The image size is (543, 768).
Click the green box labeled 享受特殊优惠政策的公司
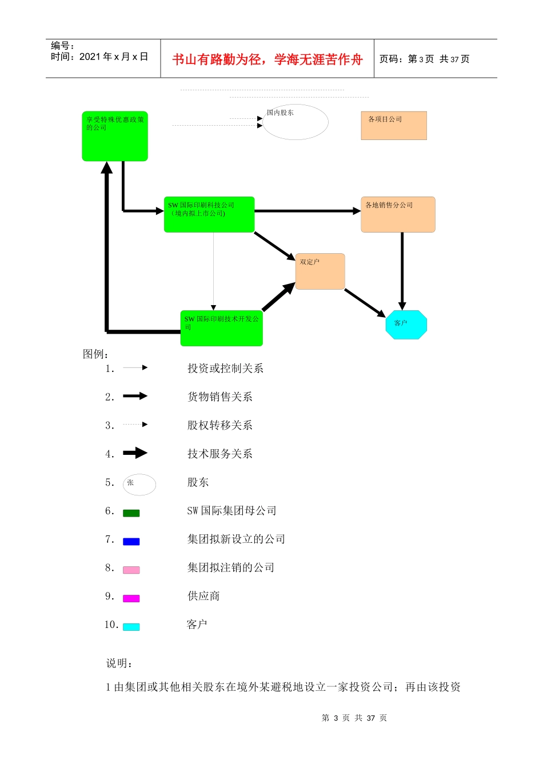[115, 136]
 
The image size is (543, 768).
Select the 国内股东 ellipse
[295, 122]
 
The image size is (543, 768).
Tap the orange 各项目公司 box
[394, 126]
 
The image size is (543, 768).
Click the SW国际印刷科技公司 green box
[209, 215]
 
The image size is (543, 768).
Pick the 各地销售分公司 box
[398, 215]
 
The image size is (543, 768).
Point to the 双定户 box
[320, 271]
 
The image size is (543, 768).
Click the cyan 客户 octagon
[406, 325]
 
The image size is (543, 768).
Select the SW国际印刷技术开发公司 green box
[221, 328]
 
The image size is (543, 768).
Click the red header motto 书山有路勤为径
[267, 59]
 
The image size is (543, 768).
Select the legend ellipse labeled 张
[139, 485]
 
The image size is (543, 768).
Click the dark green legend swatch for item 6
[131, 513]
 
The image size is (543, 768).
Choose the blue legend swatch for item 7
[131, 542]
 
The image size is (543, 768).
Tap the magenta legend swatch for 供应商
[131, 598]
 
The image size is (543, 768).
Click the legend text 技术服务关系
[220, 454]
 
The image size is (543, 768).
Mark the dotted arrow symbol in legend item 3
[135, 425]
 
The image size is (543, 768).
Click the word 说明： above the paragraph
[120, 663]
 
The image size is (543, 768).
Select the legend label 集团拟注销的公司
[231, 567]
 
